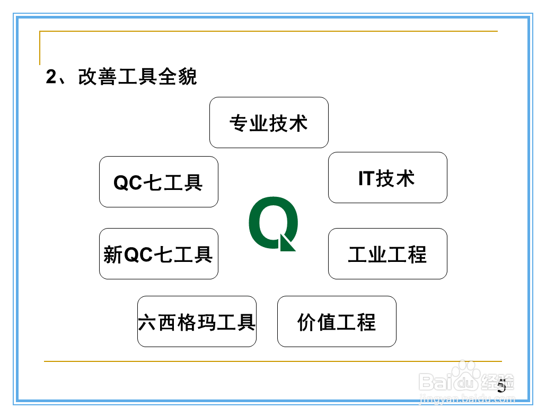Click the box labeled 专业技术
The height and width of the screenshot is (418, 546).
(269, 122)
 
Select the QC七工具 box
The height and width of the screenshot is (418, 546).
(158, 181)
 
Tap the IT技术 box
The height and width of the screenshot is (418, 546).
(388, 177)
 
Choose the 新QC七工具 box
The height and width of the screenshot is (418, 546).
(158, 253)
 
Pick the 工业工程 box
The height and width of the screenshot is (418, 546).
(388, 253)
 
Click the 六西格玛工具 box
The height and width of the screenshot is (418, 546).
(197, 321)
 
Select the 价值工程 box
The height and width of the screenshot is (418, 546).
(337, 321)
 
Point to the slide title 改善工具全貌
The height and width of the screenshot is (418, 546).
(137, 77)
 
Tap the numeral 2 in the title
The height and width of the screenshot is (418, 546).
(51, 77)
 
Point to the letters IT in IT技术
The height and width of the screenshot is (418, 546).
(366, 178)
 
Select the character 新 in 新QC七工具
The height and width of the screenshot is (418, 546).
(113, 255)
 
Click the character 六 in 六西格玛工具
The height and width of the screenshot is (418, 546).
(148, 322)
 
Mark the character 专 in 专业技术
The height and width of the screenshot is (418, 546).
(239, 123)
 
